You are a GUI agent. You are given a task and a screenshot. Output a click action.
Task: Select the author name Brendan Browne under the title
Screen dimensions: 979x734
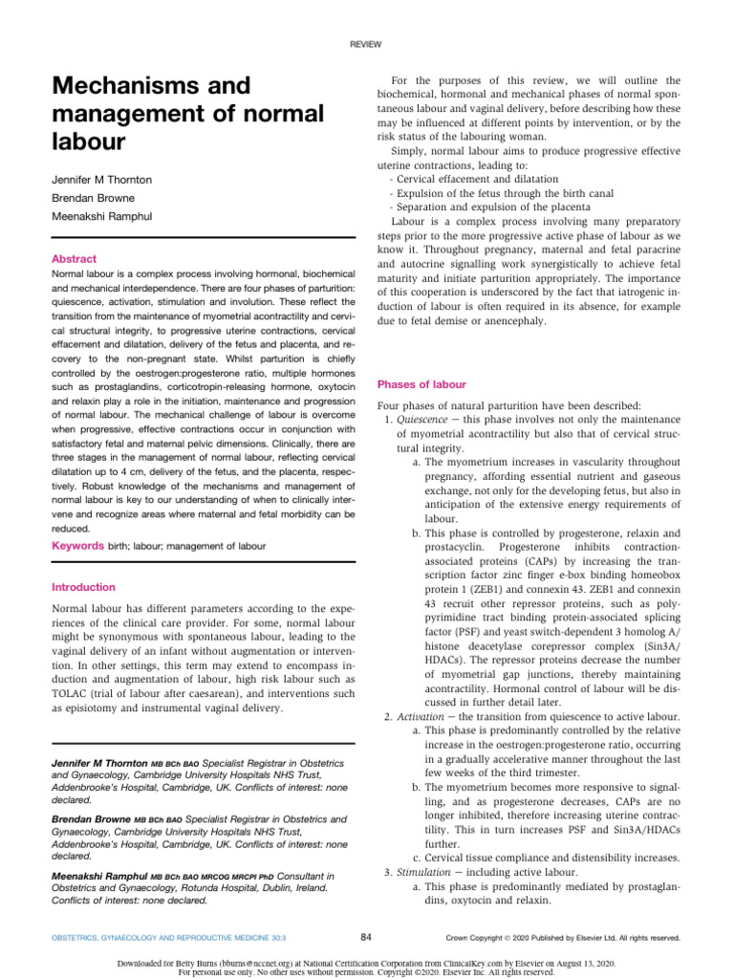(93, 198)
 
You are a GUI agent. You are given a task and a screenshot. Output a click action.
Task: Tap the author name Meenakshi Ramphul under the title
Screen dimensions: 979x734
(102, 218)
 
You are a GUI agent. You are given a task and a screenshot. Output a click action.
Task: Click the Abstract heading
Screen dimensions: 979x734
(75, 258)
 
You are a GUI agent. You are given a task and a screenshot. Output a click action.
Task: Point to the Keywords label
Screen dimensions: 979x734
(77, 545)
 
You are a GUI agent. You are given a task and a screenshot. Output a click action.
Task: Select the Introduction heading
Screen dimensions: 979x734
(84, 587)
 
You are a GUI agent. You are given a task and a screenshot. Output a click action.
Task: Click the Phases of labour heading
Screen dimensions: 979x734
(421, 384)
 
